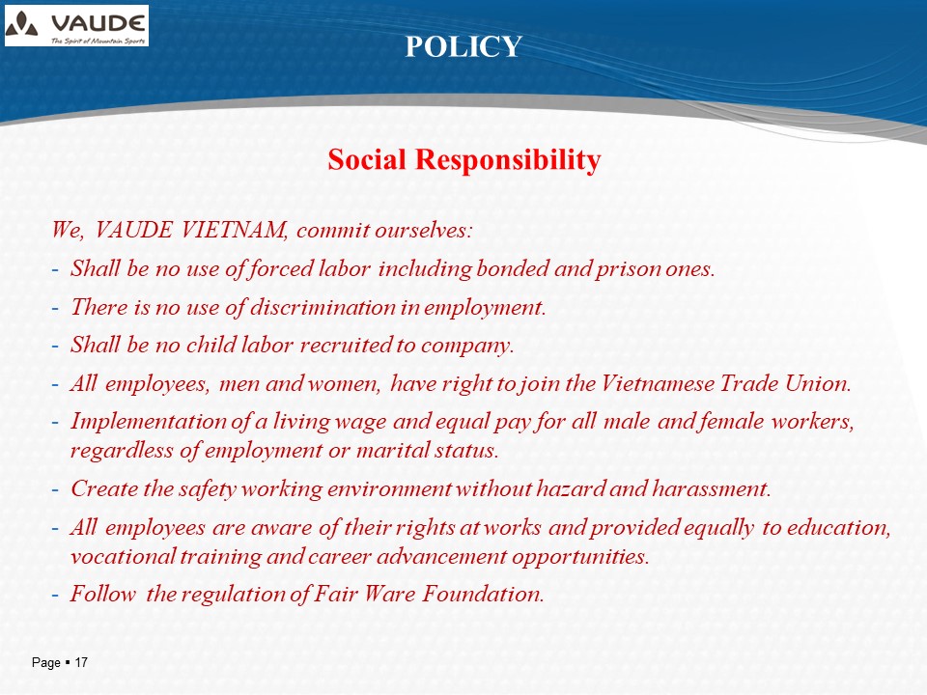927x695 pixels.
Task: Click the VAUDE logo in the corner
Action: point(77,25)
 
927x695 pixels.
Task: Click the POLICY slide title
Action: point(463,46)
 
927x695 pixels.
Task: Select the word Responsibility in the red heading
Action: point(508,159)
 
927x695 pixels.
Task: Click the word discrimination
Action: point(323,307)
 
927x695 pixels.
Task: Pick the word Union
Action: point(818,383)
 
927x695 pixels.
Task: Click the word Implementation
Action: point(149,422)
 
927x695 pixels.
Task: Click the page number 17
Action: point(81,662)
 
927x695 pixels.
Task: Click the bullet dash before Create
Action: point(55,490)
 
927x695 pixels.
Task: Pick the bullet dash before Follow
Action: point(55,596)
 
